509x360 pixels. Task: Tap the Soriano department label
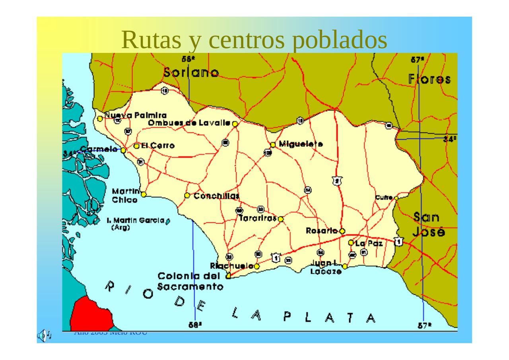191,72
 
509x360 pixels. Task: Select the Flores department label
429,79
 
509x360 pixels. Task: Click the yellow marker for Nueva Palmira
100,119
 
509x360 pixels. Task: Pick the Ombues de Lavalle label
189,123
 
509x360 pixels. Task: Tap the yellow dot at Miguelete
273,145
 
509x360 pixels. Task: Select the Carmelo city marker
123,150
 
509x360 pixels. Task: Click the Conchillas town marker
187,195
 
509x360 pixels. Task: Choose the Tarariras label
258,219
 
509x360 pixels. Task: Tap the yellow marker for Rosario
342,231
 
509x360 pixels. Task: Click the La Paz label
369,243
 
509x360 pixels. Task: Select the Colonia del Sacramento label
190,281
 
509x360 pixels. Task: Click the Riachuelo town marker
257,266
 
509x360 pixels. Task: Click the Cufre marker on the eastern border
396,198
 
